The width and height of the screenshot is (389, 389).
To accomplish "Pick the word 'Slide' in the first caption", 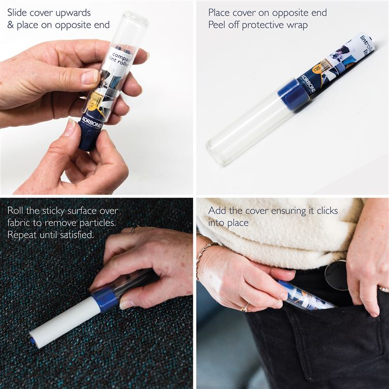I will (19, 12).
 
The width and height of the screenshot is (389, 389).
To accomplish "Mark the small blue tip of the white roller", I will (33, 341).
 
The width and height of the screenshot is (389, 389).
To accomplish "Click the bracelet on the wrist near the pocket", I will (203, 253).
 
